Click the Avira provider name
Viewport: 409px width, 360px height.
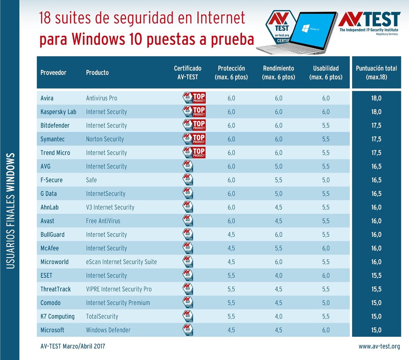click(x=47, y=98)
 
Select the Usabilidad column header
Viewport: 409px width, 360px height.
click(x=326, y=72)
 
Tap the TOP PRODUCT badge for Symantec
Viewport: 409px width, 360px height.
click(x=194, y=139)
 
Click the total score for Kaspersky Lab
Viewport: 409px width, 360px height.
click(x=376, y=112)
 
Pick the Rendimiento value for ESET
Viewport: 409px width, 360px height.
click(x=279, y=276)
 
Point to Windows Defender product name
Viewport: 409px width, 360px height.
click(x=108, y=330)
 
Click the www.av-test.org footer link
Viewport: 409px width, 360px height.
click(x=379, y=346)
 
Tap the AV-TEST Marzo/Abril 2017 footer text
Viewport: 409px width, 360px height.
click(x=73, y=346)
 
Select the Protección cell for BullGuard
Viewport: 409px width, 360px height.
click(x=231, y=235)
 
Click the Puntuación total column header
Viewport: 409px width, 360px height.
click(x=376, y=72)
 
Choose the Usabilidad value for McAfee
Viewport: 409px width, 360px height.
click(x=326, y=248)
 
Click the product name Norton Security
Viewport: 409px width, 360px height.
click(x=105, y=139)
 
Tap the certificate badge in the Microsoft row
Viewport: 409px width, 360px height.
click(x=188, y=330)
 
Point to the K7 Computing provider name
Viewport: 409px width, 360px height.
click(x=57, y=316)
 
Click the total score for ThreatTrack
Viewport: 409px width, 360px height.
click(x=376, y=289)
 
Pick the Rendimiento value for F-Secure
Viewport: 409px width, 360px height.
click(x=279, y=180)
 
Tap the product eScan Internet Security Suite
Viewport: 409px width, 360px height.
click(x=121, y=262)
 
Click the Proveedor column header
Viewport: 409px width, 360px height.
click(x=53, y=72)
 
